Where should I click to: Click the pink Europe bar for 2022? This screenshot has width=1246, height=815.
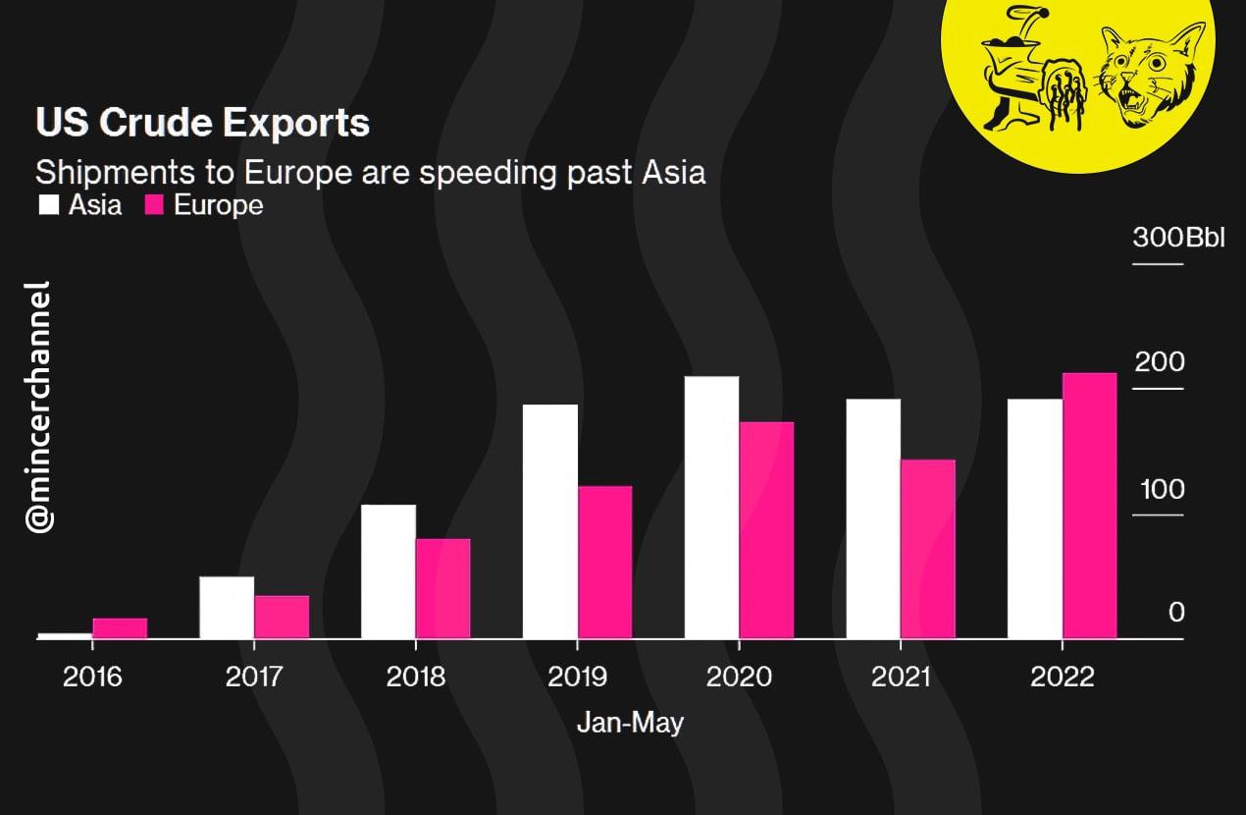point(1089,506)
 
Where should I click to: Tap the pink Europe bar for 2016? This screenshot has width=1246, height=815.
point(120,628)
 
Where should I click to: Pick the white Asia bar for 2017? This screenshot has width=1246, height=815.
point(227,608)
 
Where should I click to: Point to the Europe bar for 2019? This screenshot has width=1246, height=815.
point(604,563)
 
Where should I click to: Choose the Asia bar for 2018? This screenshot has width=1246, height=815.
point(389,571)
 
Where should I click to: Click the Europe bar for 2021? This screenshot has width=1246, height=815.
point(927,549)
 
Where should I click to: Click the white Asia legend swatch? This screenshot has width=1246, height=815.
point(49,205)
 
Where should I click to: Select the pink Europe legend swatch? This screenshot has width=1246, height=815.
point(154,205)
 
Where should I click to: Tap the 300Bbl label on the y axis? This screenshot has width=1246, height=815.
point(1178,238)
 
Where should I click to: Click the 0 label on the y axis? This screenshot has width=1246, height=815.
point(1176,613)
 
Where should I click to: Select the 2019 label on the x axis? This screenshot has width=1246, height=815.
point(577,678)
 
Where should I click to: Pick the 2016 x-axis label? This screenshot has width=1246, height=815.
point(92,678)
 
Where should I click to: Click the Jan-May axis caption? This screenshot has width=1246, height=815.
point(630,724)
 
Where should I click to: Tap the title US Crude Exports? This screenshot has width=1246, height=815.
point(202,123)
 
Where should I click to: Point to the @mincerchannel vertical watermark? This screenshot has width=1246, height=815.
point(38,407)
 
